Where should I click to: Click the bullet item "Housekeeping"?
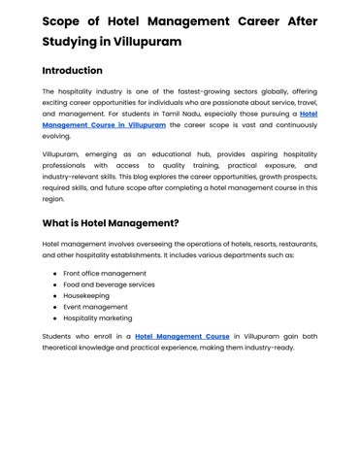pos(88,296)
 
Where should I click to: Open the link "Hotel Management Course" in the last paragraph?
pos(182,336)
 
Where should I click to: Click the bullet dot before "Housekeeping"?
pos(53,296)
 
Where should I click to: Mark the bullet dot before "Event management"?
pos(53,307)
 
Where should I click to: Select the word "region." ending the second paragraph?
pos(54,198)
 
